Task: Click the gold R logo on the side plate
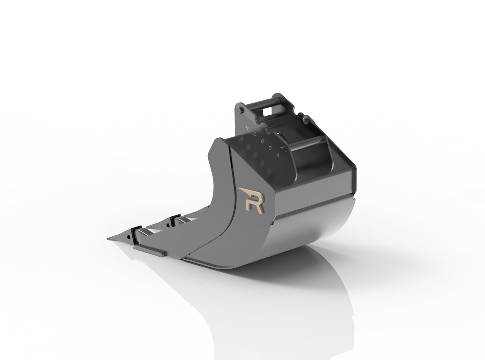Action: [251, 199]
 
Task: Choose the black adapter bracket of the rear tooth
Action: [174, 220]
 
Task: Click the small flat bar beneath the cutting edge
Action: [150, 250]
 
